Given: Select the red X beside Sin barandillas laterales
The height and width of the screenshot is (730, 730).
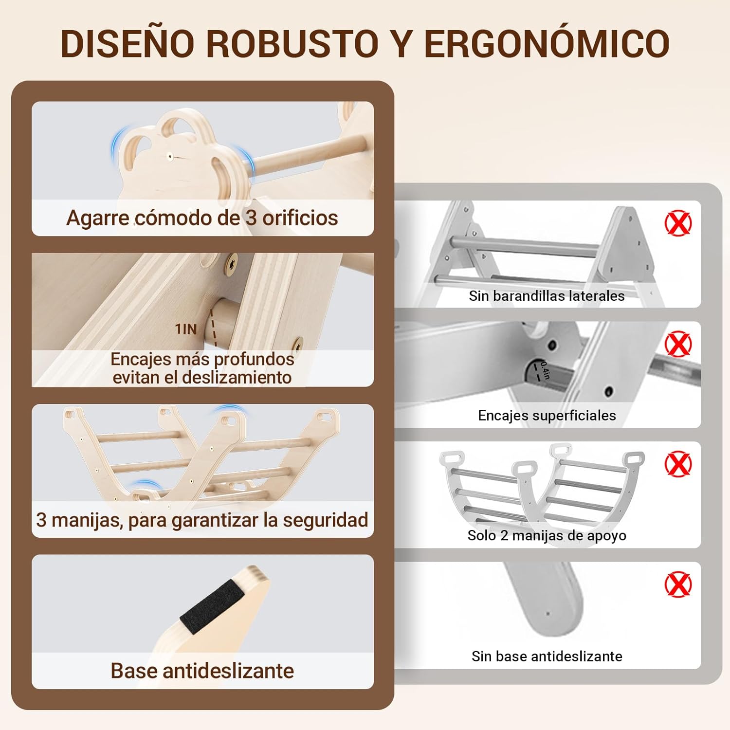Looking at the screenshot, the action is [x=678, y=223].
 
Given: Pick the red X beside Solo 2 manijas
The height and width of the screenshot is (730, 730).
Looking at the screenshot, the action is [x=678, y=463].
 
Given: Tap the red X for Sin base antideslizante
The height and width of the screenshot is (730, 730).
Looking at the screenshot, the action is [x=678, y=584].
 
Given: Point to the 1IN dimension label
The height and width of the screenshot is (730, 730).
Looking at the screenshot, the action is [x=186, y=329].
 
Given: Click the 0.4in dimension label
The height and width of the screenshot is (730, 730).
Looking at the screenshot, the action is [x=545, y=370].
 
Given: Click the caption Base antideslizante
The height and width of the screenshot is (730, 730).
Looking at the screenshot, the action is [x=202, y=671].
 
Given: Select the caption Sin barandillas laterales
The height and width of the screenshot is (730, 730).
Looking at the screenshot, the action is [x=547, y=295].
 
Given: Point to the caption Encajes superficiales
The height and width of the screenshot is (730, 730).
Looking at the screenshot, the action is [x=547, y=415].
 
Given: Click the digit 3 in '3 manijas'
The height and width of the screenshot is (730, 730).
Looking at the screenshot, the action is [x=41, y=520].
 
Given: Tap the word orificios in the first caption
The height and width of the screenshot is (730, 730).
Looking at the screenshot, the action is [x=300, y=218].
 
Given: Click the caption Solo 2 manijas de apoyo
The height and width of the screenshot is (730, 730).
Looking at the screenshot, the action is [x=547, y=535].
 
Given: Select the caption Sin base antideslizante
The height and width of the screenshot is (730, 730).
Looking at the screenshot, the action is [x=547, y=656].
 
